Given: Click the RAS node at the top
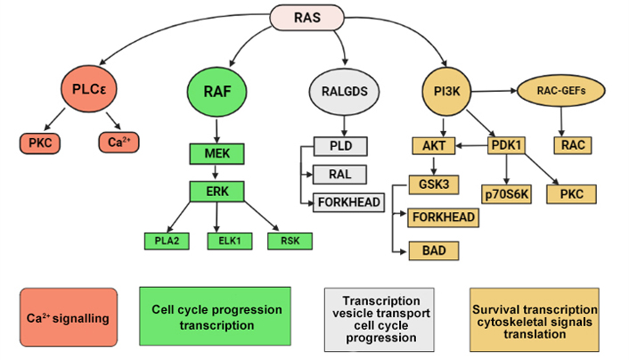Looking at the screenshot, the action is (x=306, y=17).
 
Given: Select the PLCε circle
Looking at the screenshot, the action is (x=89, y=89).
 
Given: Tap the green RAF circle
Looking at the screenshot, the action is (x=217, y=92).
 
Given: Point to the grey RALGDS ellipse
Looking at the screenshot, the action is (x=344, y=92).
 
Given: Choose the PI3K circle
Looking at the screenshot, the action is (x=446, y=92).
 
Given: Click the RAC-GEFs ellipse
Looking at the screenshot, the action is (x=560, y=91).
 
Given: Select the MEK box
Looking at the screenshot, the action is (x=216, y=153).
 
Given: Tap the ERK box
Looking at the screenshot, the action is (x=216, y=191).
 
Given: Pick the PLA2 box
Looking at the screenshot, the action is (x=167, y=241).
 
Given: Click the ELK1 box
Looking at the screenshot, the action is (x=230, y=241).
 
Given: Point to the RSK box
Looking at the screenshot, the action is (x=290, y=241).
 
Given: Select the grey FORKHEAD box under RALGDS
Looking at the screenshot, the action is (x=348, y=202).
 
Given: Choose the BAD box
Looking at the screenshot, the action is (x=434, y=250).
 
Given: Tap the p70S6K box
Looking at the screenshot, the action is (x=506, y=194).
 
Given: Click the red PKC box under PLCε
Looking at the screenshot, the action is (x=40, y=143).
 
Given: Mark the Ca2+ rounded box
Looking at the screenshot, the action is (x=118, y=142).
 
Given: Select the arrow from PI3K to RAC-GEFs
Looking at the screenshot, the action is (x=494, y=91).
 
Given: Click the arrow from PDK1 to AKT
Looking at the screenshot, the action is (x=471, y=145).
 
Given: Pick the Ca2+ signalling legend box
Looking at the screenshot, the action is (x=69, y=317).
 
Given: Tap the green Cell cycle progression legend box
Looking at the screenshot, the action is (x=215, y=316).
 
